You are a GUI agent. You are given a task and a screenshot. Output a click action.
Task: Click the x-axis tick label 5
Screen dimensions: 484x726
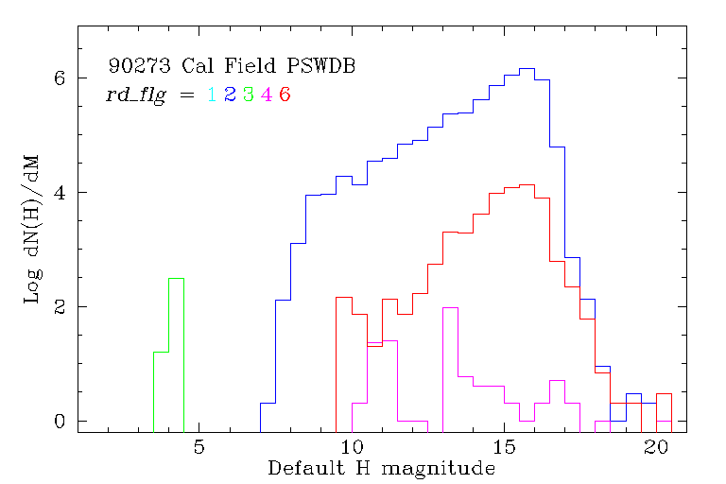(199, 446)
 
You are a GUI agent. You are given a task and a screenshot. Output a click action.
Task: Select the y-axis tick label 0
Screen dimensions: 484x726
(59, 421)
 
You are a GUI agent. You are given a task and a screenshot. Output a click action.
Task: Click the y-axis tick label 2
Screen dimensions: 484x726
(59, 307)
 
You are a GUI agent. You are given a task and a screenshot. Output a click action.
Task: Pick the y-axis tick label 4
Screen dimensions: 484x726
(59, 193)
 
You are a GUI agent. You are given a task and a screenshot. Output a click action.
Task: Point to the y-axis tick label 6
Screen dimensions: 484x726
(59, 78)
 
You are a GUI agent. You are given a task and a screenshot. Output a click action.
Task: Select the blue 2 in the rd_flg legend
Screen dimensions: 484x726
(229, 95)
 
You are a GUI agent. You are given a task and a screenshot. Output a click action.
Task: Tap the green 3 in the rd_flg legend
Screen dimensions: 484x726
(247, 95)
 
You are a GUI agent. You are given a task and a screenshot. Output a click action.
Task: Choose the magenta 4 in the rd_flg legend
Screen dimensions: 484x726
(266, 95)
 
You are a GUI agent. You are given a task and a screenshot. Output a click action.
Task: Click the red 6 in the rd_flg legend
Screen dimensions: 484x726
(284, 95)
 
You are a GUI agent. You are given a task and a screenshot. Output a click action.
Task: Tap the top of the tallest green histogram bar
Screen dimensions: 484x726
(176, 279)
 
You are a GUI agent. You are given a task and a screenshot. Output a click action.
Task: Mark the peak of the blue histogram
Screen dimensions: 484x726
(527, 69)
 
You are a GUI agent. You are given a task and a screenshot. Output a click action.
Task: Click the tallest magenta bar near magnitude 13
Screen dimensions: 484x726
(450, 308)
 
